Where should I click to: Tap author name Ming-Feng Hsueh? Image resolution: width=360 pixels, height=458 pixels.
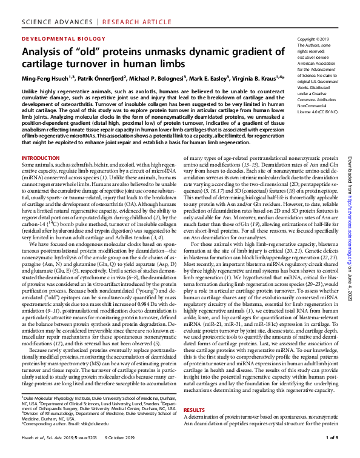(45, 78)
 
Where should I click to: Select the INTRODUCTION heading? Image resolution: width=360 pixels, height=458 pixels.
(40, 158)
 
